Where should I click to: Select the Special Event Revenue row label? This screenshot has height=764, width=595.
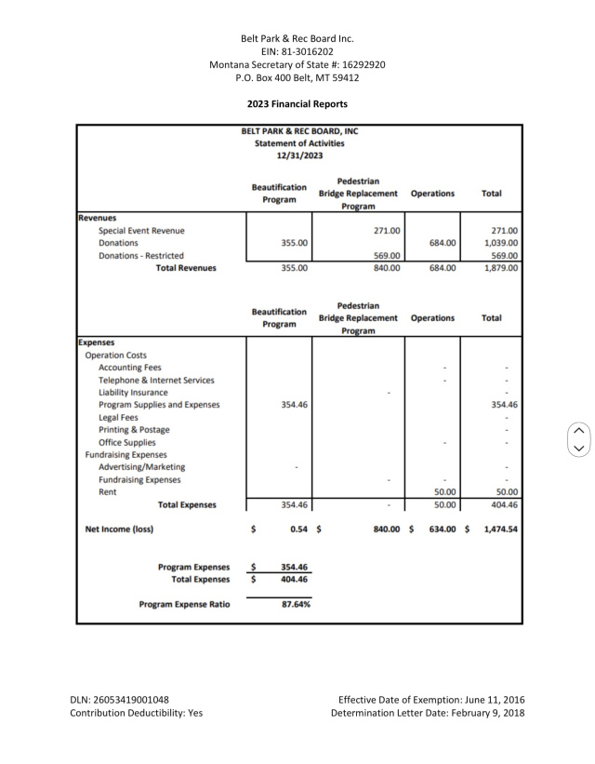(x=141, y=231)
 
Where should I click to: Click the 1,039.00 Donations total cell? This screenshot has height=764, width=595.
(x=500, y=243)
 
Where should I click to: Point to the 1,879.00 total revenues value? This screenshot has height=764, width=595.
(x=500, y=268)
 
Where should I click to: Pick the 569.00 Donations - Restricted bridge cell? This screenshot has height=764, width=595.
(x=386, y=256)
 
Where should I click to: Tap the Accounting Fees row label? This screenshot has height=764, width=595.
(x=129, y=368)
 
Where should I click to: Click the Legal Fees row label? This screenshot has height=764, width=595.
(x=118, y=418)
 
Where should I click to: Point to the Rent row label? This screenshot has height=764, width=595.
(x=108, y=492)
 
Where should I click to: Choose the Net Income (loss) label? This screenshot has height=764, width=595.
(x=119, y=529)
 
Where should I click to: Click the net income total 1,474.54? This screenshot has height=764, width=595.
(x=500, y=529)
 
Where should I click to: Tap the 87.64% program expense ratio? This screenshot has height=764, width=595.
(x=295, y=604)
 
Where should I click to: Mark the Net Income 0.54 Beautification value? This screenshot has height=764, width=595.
(x=297, y=529)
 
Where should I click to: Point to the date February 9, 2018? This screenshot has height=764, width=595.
(x=488, y=714)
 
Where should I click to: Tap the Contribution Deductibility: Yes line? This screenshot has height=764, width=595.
(x=137, y=714)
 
